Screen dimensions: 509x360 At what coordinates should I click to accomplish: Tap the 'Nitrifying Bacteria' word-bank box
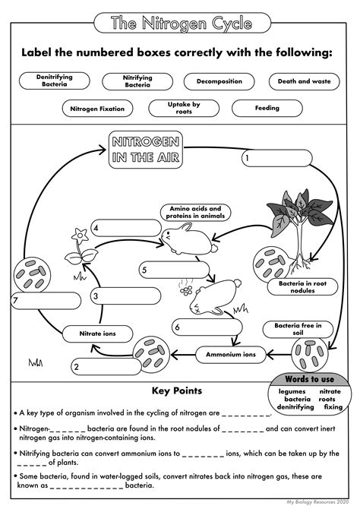(137, 81)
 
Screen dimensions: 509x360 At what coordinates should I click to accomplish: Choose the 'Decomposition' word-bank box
(219, 81)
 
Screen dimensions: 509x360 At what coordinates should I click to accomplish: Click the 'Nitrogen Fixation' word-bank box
(96, 108)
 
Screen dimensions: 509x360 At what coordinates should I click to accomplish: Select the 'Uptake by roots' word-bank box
(184, 108)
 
